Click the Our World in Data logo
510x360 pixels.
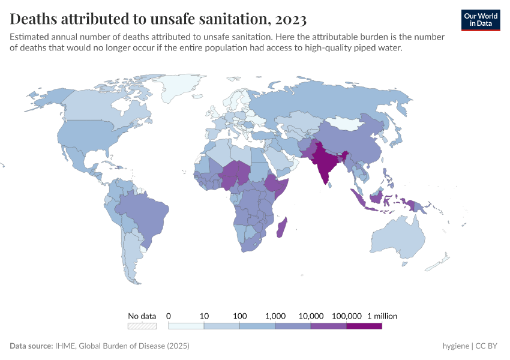(x=480, y=19)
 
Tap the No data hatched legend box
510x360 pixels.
(x=142, y=326)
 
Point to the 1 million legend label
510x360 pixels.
(x=382, y=316)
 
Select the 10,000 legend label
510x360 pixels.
(x=311, y=316)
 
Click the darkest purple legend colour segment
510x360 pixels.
(x=364, y=326)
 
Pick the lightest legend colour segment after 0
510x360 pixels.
(x=186, y=326)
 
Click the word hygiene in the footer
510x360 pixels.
(x=455, y=346)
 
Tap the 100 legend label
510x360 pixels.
(x=239, y=316)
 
